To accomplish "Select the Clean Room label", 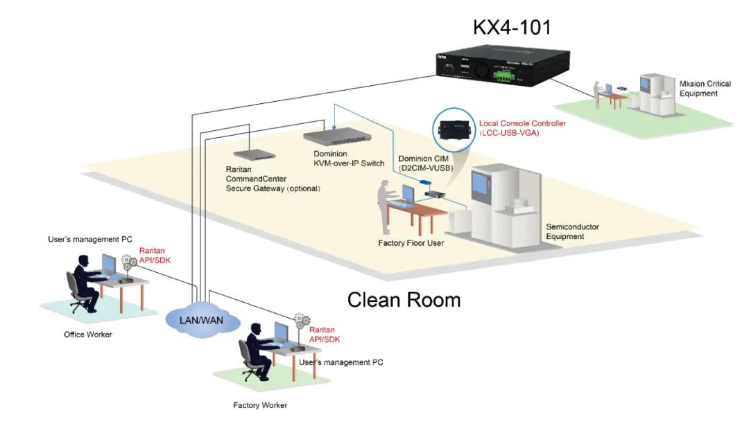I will (x=404, y=300).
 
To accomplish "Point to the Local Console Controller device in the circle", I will (x=454, y=130).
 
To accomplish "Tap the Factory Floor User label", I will (x=410, y=243).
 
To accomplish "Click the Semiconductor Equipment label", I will (x=572, y=231).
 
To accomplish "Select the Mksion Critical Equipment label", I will (x=705, y=89).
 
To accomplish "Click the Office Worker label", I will (x=88, y=335).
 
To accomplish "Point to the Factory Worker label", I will (x=260, y=405).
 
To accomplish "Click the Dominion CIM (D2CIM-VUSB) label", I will (x=424, y=164).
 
